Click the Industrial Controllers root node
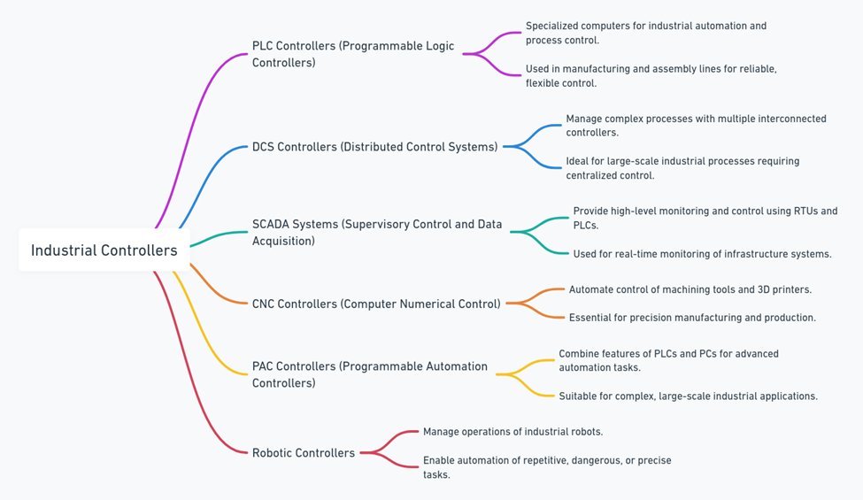click(104, 250)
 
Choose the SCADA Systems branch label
click(377, 232)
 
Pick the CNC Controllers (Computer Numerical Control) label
click(376, 304)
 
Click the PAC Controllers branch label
click(369, 374)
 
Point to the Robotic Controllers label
click(304, 453)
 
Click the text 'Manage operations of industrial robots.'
click(513, 431)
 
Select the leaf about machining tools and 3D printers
click(690, 289)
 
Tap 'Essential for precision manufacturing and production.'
click(692, 317)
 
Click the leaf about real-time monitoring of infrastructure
click(702, 254)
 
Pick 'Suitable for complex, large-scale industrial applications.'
click(688, 396)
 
